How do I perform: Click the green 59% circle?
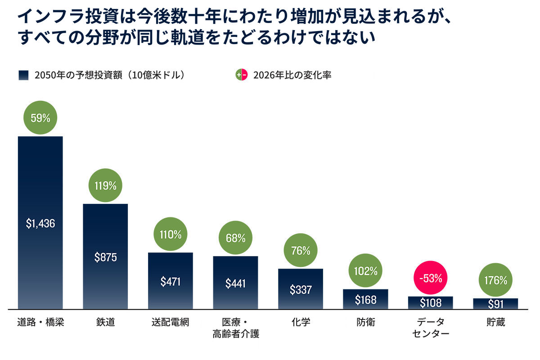[40, 117]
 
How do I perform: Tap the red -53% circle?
[431, 278]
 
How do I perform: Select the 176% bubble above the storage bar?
[495, 280]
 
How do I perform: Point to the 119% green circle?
[105, 185]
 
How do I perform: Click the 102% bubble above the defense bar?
[365, 270]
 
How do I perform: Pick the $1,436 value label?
[40, 224]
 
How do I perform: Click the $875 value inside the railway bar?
[106, 257]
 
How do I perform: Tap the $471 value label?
[171, 282]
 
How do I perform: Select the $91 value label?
[495, 304]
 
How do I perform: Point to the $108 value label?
[431, 303]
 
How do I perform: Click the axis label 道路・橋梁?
[40, 322]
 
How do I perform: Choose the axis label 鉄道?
[106, 322]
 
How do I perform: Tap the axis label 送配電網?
[171, 322]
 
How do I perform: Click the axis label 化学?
[301, 322]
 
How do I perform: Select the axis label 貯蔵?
[495, 322]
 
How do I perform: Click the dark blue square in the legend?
[23, 75]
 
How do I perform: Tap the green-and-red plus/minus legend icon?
[242, 75]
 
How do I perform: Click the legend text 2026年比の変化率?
[292, 75]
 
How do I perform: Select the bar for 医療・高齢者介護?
[235, 283]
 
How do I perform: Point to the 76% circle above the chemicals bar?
[301, 250]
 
